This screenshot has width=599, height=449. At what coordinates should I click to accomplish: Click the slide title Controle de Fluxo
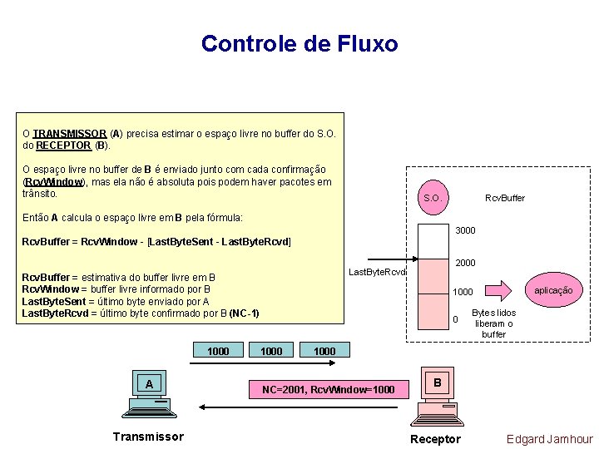299,43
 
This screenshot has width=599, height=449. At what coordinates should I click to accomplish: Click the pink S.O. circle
432,198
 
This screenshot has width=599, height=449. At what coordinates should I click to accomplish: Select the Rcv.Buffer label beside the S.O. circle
505,198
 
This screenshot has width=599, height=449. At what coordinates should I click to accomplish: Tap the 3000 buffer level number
466,230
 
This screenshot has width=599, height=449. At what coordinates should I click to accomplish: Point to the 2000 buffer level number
466,263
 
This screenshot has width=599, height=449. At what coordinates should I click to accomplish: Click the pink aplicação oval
553,289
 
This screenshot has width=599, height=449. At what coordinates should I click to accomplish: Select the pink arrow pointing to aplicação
498,290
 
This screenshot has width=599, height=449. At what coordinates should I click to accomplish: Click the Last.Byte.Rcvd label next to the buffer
377,272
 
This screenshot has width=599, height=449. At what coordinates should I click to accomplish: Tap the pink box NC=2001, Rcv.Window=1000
329,389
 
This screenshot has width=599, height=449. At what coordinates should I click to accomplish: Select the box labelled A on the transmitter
149,383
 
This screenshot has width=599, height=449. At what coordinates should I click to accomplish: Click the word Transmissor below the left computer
149,437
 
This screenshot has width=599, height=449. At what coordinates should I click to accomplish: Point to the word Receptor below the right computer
435,439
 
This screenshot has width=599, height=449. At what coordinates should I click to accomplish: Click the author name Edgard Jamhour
549,439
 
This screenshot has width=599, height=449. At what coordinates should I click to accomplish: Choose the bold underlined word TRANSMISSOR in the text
70,133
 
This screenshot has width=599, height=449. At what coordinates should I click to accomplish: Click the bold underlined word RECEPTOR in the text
65,146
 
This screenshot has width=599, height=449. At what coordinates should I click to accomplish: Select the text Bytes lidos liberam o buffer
494,323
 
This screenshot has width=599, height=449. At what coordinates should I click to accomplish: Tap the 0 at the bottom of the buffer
455,320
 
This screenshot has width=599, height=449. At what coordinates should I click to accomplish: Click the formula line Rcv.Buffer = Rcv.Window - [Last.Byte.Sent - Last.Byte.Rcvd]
156,242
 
